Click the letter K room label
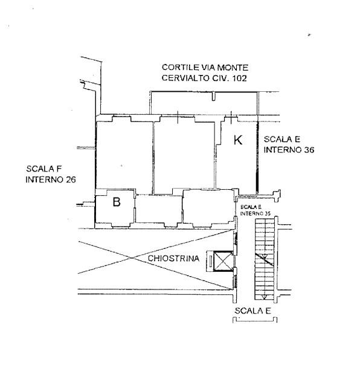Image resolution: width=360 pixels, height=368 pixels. point(238,140)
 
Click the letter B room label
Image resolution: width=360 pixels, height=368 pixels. point(117,202)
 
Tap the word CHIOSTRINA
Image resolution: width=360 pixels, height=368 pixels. point(173,259)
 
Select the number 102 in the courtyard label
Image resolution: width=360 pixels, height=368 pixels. point(239,78)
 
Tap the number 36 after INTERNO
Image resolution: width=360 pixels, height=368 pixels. point(309,150)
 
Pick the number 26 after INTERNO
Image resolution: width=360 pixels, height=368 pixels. point(71,179)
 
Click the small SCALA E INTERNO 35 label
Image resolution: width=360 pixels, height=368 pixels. point(255,210)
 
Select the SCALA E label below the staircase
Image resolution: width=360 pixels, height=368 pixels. point(252,311)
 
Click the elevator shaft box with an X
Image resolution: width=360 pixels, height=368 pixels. point(223,261)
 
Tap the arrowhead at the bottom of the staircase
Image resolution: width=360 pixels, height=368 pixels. point(265,297)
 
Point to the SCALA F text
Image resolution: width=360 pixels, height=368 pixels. point(44,169)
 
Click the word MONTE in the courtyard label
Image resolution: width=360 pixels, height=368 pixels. point(233,68)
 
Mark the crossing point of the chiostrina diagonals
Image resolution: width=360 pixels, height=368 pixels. point(132,258)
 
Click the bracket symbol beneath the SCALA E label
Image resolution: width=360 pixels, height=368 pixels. point(255,320)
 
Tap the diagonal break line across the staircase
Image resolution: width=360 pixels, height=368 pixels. point(265,259)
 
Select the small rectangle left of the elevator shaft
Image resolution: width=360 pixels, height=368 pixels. point(210,261)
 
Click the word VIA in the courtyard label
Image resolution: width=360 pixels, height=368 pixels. point(208,68)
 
